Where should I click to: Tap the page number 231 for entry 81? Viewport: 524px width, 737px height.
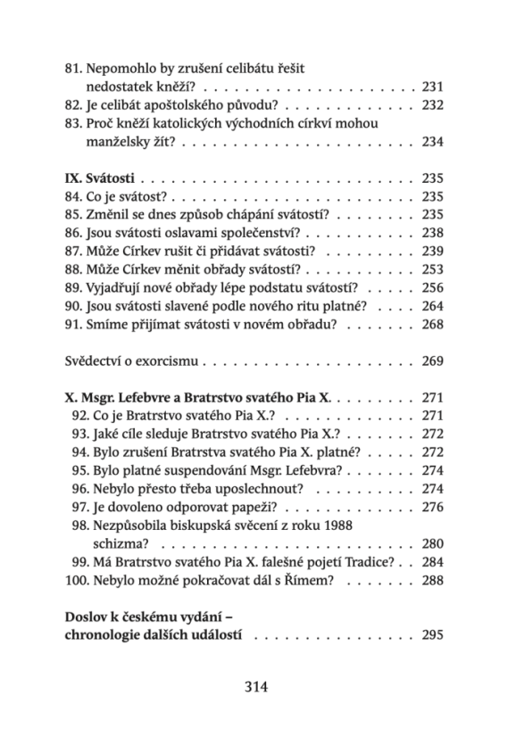[432, 87]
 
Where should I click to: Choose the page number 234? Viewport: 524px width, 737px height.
[432, 142]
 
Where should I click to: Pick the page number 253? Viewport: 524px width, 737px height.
[432, 269]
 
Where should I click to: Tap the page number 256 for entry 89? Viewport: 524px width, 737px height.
[432, 287]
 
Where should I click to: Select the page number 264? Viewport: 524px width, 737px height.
[432, 306]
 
